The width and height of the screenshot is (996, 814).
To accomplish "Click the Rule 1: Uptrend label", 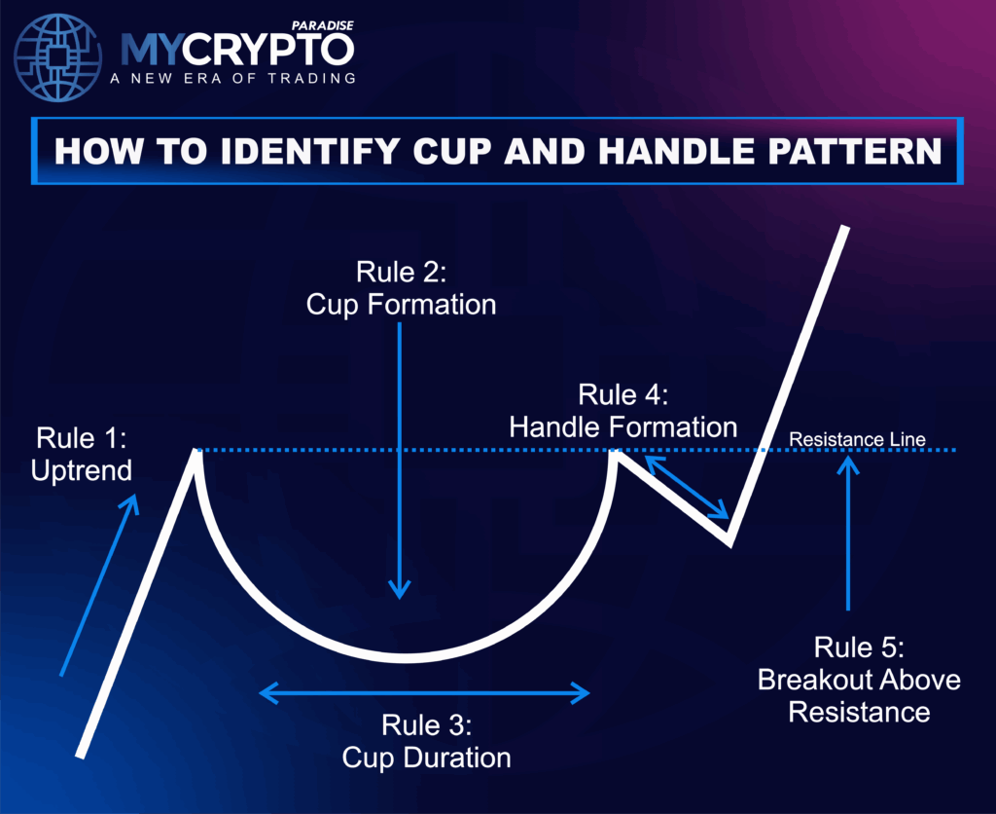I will [81, 453].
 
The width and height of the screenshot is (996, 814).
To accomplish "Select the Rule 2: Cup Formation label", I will [401, 289].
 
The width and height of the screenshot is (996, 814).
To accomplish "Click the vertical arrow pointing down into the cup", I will [399, 458].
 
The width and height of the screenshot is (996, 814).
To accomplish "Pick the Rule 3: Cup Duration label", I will [426, 741].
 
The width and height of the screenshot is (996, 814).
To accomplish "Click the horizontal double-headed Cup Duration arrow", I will [425, 693].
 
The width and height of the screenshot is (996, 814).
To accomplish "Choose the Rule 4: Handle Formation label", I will [623, 410].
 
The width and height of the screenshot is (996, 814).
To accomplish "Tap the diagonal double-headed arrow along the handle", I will [687, 487].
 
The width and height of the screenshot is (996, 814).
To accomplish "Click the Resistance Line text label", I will [857, 440].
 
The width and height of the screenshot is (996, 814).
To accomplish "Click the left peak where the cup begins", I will [196, 454].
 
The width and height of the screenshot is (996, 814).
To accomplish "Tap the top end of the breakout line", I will [844, 229].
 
